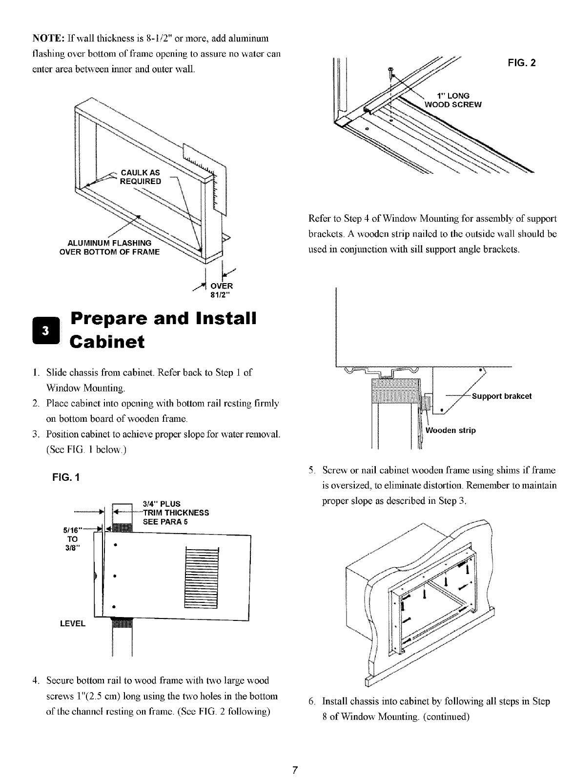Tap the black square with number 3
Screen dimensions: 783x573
click(x=44, y=330)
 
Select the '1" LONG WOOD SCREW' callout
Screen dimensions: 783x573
click(x=454, y=100)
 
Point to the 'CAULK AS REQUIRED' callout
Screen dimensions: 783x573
click(x=140, y=177)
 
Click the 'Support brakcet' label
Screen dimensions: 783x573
click(x=501, y=396)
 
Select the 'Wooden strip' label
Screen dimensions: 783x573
click(x=450, y=431)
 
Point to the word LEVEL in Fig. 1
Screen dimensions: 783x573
click(x=72, y=624)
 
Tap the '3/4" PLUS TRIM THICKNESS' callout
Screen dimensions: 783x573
click(x=175, y=512)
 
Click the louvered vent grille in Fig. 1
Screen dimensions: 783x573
click(x=203, y=578)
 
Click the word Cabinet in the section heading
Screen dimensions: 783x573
click(x=108, y=342)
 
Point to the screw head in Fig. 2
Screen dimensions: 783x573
click(x=389, y=71)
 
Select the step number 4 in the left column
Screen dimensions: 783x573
click(x=36, y=680)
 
